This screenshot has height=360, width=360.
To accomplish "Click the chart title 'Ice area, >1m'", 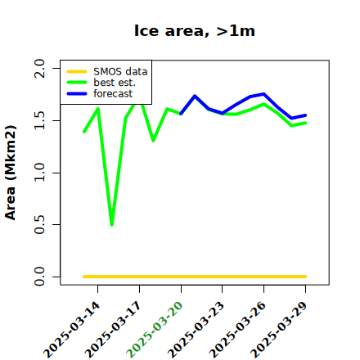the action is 195,31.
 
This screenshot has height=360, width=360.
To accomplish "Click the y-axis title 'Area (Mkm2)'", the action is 11,173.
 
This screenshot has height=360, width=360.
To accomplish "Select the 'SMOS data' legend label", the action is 120,72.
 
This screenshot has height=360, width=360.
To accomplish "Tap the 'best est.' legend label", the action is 115,83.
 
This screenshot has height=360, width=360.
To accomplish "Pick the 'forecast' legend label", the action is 113,93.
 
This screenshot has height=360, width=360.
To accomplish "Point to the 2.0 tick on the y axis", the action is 39,68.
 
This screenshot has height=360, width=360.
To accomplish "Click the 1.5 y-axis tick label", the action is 39,120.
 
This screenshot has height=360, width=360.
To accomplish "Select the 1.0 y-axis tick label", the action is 39,173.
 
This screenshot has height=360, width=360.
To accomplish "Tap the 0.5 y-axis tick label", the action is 39,225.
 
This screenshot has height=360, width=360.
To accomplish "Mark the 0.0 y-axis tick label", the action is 39,277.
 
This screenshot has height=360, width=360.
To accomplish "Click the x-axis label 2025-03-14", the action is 72,330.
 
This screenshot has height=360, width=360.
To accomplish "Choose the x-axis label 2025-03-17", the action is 113,330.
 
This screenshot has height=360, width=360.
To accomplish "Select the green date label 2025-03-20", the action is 155,330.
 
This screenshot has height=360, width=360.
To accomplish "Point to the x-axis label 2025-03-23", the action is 196,330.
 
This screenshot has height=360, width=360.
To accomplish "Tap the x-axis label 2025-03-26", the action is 237,330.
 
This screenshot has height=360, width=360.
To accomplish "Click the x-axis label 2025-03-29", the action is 279,330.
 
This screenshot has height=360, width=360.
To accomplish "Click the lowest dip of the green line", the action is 112,225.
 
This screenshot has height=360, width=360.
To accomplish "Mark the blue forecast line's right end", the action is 305,115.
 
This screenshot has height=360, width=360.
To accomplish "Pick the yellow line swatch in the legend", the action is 77,72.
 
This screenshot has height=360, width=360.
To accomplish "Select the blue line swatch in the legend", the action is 77,94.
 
